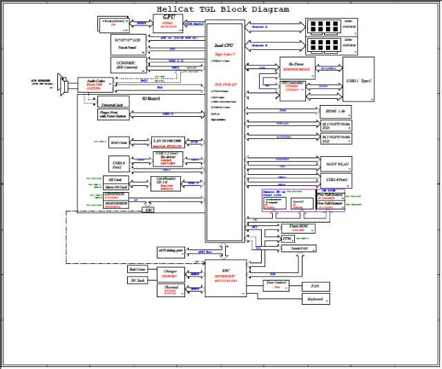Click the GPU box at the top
point(168,21)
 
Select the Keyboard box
point(315,299)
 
